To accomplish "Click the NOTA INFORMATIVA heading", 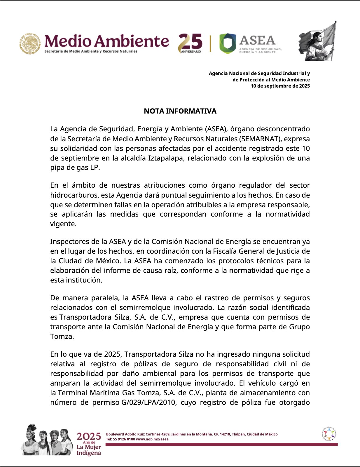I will coord(180,111).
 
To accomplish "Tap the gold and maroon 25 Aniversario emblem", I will coord(191,43).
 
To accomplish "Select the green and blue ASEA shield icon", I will coord(228,43).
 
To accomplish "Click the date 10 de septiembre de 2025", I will coord(280,86).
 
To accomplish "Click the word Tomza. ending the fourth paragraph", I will coord(62,337).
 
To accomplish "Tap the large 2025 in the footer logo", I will coord(89,437).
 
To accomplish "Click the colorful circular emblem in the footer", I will coord(329,434).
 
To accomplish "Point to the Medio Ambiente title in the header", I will coord(106,41).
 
